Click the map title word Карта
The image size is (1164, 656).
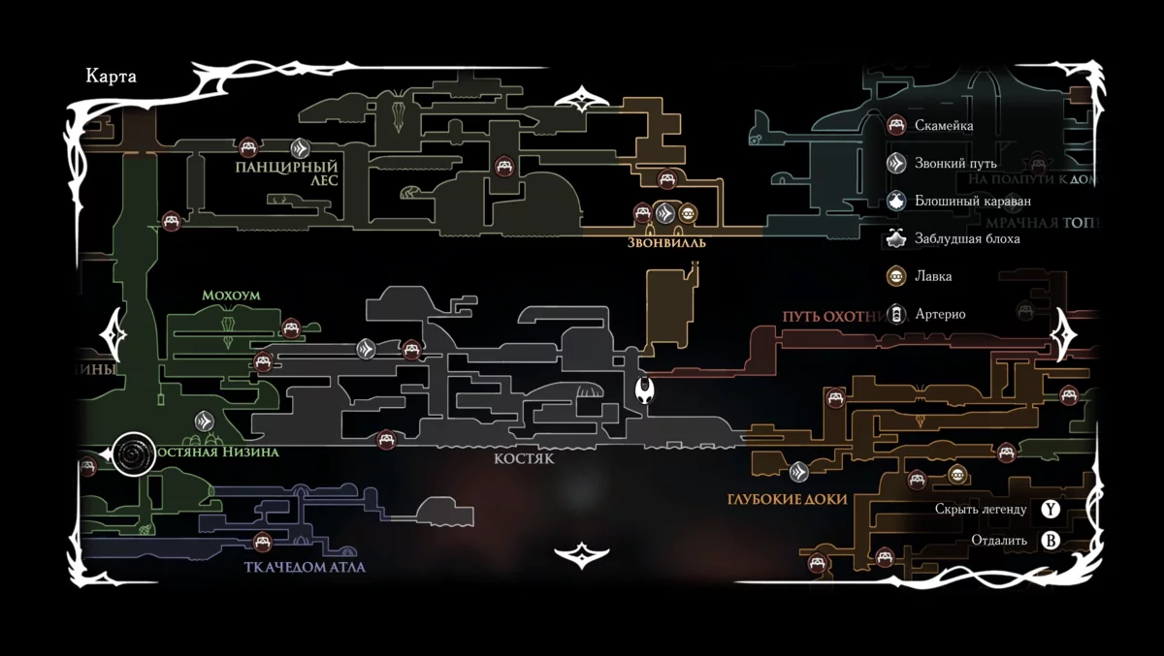[111, 78]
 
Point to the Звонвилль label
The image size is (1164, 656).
[666, 243]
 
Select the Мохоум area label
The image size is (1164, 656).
[232, 295]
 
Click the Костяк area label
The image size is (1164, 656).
[524, 459]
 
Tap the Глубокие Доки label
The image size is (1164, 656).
[787, 499]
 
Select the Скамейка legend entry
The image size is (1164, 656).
[944, 125]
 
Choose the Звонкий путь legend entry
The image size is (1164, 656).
[955, 163]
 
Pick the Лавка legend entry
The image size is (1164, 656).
[933, 276]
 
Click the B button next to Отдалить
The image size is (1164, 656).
[1050, 541]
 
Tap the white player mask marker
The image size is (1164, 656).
[643, 390]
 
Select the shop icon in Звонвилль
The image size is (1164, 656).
[688, 213]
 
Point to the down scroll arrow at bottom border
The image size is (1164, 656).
[581, 556]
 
